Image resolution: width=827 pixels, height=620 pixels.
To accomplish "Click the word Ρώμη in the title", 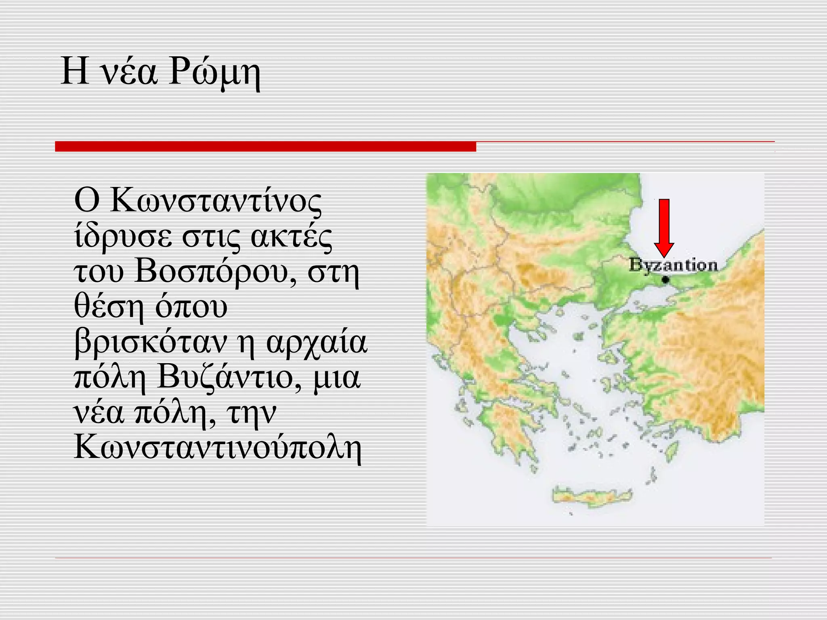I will pyautogui.click(x=215, y=73).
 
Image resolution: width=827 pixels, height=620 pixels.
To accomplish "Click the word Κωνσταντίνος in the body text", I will pyautogui.click(x=198, y=201).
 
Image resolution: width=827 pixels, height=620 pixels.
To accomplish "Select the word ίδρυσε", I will pyautogui.click(x=123, y=236).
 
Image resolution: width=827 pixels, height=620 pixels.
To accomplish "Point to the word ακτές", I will pyautogui.click(x=291, y=236).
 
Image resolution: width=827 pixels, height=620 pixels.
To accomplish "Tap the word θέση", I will pyautogui.click(x=109, y=307).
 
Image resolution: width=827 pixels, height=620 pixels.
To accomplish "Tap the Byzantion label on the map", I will pyautogui.click(x=673, y=265).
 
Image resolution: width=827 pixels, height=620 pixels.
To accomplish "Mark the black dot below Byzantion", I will pyautogui.click(x=665, y=279).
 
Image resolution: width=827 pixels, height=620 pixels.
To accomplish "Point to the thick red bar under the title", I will pyautogui.click(x=265, y=146).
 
